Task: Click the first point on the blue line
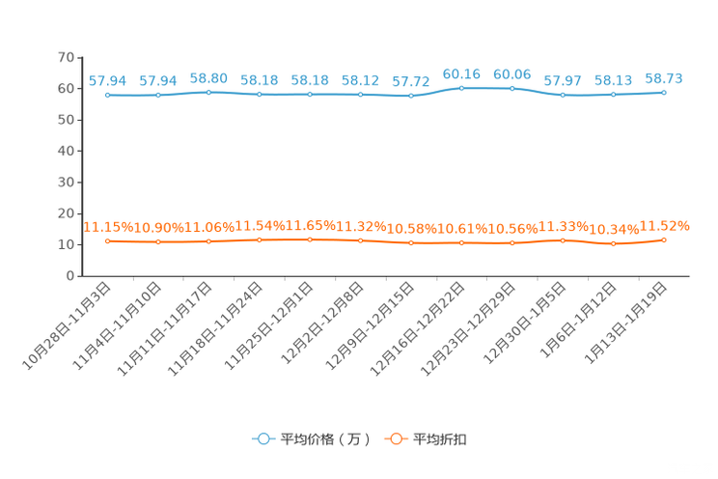(107, 95)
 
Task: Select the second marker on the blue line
(158, 95)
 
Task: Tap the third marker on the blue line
(208, 92)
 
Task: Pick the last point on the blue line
(664, 92)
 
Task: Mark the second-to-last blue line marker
(613, 94)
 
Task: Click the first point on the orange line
(107, 240)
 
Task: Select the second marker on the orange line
(158, 242)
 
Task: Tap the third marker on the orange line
(208, 241)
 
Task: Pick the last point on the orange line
(664, 239)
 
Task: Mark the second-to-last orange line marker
(613, 244)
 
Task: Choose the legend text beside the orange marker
(441, 439)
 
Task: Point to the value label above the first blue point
(107, 80)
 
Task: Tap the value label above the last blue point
(664, 77)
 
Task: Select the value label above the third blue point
(208, 77)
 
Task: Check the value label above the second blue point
(158, 80)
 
